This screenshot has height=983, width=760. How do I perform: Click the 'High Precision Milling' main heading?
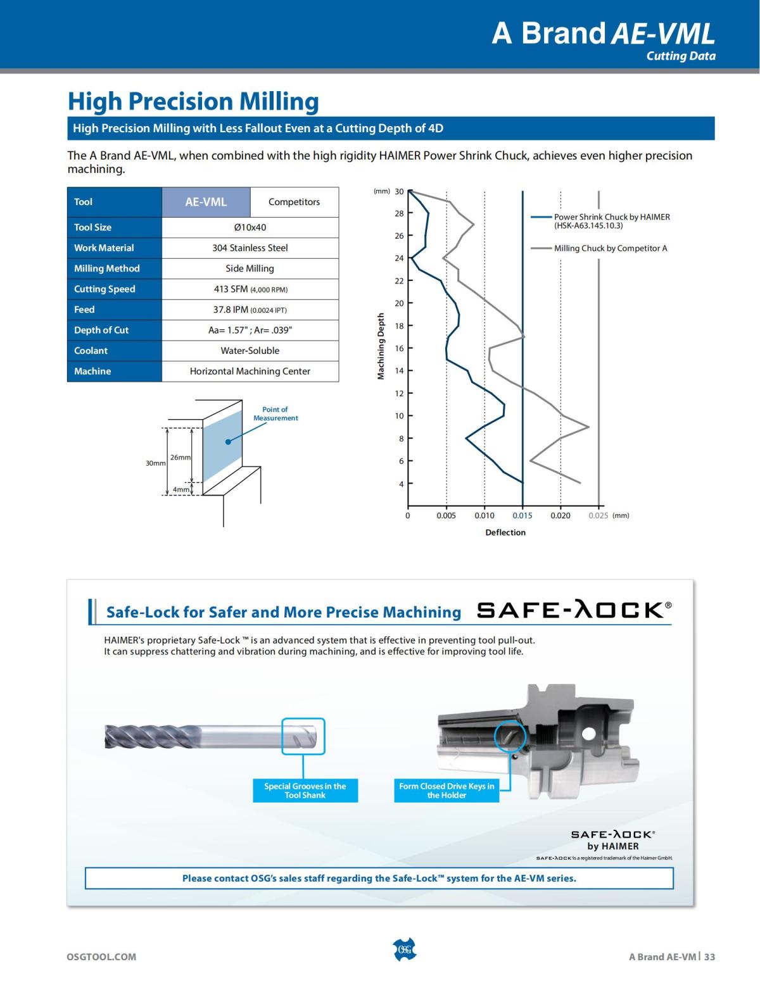point(193,101)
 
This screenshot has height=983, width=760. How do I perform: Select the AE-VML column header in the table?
point(206,202)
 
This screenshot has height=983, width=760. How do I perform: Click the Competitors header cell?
point(294,202)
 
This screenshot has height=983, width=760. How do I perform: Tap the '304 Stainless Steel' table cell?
point(250,248)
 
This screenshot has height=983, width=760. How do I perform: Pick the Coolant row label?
point(91,351)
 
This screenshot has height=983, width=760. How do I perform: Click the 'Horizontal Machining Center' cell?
point(250,372)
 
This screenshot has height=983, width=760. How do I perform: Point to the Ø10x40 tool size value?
point(250,227)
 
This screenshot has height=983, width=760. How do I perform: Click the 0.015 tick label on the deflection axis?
point(522,516)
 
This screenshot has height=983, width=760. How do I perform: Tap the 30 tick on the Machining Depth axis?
point(399,192)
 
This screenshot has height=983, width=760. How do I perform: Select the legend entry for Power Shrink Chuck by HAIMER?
point(611,221)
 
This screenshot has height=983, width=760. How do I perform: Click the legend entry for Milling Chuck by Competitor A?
point(610,248)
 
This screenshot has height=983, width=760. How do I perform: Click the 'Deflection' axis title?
point(505,532)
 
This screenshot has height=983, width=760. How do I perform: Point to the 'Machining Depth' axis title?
point(381,346)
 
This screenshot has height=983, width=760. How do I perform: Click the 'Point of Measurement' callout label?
point(275,414)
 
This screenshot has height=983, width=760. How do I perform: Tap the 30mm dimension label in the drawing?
point(155,463)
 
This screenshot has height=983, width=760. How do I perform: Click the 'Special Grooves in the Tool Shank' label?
point(305,791)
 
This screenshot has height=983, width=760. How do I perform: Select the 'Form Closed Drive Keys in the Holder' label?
point(446,791)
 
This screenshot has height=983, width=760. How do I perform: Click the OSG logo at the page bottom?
point(404,949)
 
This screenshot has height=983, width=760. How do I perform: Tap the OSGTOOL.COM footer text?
point(101,956)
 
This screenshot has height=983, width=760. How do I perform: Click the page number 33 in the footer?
point(709,956)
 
